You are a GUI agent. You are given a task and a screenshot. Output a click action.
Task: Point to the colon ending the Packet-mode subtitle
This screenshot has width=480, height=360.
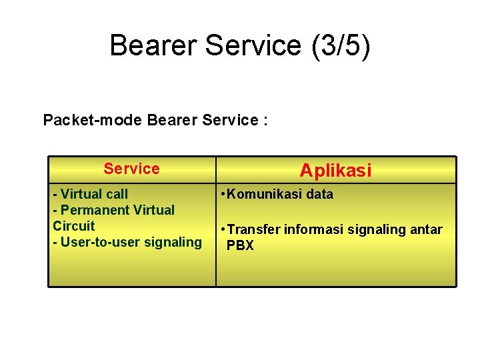(266, 121)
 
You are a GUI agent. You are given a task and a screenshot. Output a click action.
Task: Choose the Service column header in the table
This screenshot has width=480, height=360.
(131, 169)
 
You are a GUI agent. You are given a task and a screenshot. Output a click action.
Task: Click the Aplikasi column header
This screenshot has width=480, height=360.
(335, 171)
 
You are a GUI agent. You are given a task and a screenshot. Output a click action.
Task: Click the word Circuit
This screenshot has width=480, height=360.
(74, 226)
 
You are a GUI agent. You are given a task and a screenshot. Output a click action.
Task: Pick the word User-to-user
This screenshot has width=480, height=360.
(97, 242)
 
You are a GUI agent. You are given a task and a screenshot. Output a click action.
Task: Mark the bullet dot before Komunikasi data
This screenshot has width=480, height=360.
(223, 195)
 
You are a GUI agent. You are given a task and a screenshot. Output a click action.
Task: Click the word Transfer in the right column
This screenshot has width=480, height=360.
(254, 230)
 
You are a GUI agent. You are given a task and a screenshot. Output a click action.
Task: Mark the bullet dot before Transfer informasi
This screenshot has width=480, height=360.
(223, 230)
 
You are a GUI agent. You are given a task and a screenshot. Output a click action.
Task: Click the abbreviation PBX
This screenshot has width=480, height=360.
(240, 245)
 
